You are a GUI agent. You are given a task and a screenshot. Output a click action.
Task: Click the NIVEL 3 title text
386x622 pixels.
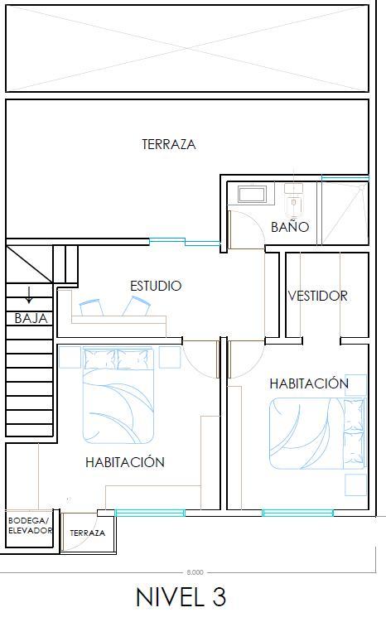click(181, 597)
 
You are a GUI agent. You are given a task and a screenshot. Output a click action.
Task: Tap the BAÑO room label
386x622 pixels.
click(290, 226)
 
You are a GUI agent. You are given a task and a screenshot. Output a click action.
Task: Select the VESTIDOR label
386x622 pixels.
click(317, 296)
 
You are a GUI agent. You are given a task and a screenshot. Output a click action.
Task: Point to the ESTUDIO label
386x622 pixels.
click(156, 286)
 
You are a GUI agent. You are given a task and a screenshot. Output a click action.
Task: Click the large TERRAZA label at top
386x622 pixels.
click(169, 144)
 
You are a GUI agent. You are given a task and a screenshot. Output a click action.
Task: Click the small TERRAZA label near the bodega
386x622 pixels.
click(87, 533)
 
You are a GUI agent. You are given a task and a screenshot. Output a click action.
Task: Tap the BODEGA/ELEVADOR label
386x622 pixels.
click(30, 525)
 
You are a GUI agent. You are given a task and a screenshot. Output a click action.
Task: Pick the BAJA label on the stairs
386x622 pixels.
click(31, 318)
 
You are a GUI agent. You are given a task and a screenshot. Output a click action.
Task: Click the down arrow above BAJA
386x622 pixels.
click(29, 295)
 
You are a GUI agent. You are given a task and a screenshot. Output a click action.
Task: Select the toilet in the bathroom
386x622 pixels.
click(293, 198)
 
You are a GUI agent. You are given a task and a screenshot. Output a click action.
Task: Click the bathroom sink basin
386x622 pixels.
click(252, 195)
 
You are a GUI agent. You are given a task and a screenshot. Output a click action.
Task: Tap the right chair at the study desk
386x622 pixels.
click(137, 306)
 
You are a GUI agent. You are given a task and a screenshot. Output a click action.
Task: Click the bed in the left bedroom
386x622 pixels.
click(118, 396)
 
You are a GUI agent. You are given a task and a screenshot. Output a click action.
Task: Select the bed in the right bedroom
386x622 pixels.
click(317, 433)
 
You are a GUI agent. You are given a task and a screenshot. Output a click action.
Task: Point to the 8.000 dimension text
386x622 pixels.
click(195, 572)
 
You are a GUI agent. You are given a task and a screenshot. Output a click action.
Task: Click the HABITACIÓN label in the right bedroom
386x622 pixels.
click(309, 383)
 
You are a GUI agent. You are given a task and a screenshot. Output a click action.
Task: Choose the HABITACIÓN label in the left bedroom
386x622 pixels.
click(125, 462)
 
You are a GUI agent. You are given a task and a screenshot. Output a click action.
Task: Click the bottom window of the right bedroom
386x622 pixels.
click(297, 513)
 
